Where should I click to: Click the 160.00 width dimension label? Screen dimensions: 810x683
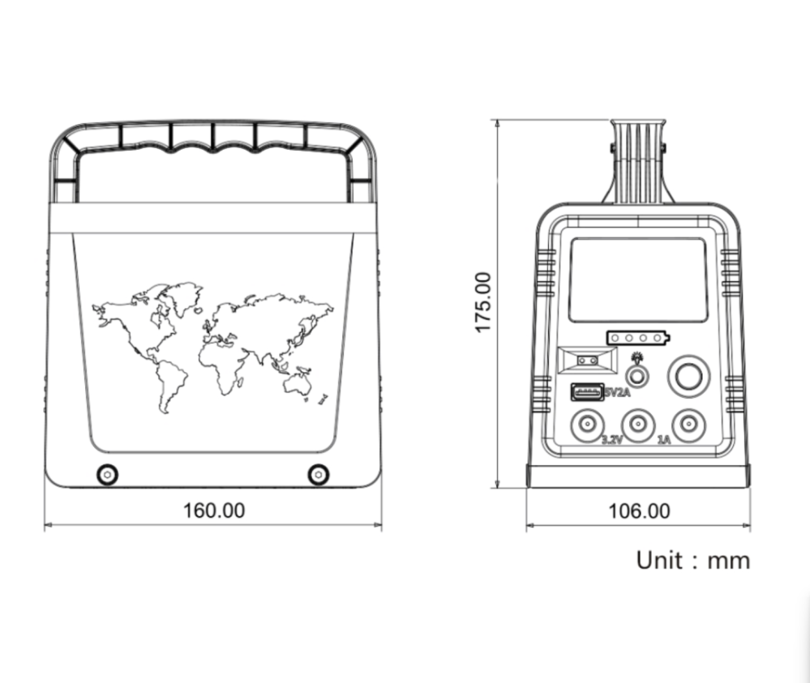[214, 510]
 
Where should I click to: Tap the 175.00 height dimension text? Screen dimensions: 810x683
[482, 302]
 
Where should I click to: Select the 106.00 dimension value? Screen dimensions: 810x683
[639, 511]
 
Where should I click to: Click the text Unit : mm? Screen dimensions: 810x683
[692, 560]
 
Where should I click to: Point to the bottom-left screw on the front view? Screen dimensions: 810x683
[108, 474]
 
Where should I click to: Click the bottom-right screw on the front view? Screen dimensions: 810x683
[318, 474]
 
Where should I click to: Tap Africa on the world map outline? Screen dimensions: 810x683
[221, 366]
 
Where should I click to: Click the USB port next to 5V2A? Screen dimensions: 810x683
[587, 392]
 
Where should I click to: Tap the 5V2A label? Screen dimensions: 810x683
[617, 393]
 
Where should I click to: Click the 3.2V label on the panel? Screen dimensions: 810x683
[612, 439]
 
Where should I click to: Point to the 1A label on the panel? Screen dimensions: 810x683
[664, 439]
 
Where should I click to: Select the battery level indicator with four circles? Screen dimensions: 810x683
[638, 338]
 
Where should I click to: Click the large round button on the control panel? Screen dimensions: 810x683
[688, 376]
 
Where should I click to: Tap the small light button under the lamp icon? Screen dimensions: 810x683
[638, 376]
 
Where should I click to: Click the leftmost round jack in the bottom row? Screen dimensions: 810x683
[587, 425]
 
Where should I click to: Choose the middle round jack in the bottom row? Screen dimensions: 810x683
[638, 425]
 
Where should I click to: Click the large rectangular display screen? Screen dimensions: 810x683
[638, 280]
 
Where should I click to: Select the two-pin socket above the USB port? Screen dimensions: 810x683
[587, 360]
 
